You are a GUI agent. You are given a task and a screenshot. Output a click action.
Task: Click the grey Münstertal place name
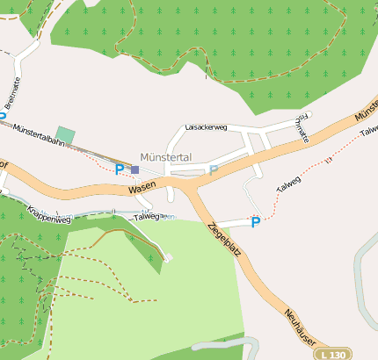tap(165, 157)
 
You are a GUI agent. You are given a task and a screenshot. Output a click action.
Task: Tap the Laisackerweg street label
tap(207, 127)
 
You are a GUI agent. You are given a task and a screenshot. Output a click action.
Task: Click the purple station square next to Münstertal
tap(134, 169)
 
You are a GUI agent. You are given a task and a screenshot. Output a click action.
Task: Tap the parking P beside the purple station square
tap(120, 169)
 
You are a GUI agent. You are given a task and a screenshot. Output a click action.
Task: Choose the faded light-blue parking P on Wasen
tap(213, 170)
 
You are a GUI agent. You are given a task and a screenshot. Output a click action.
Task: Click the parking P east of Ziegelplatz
tap(256, 222)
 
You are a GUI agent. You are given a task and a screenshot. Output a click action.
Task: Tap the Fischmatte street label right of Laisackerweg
tap(304, 128)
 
